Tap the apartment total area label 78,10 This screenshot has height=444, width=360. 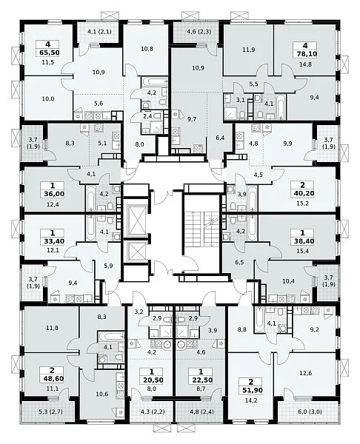[305, 54]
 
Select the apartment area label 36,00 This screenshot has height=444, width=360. [52, 194]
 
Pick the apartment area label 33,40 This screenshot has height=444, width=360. [52, 241]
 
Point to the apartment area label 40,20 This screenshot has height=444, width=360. [302, 193]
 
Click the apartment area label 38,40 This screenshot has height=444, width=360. [302, 241]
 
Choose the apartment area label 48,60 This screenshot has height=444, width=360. [52, 379]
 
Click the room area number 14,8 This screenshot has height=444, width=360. [305, 64]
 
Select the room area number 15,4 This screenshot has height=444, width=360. [302, 251]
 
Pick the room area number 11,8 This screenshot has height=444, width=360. [53, 328]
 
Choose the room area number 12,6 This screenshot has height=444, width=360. [305, 373]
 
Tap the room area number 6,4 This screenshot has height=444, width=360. [220, 138]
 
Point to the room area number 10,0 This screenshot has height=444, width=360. [48, 99]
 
